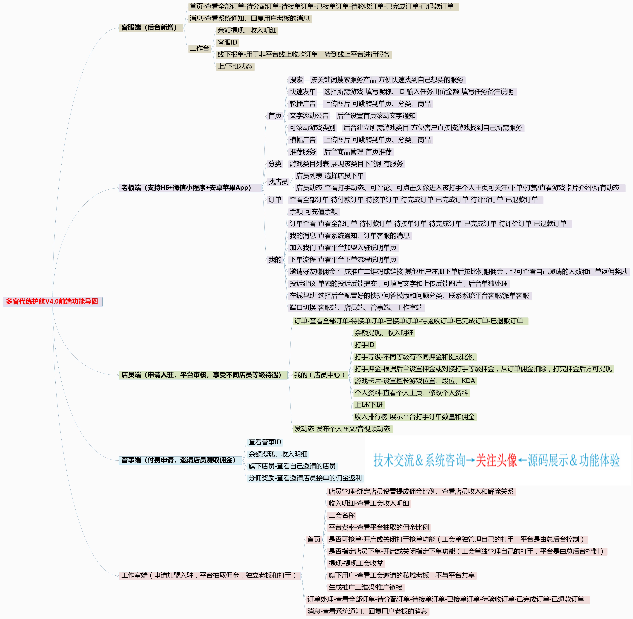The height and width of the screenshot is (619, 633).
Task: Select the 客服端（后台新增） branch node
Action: pos(149,28)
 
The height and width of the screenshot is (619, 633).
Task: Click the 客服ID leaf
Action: pos(227,43)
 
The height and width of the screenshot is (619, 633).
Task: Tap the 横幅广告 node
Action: pos(303,140)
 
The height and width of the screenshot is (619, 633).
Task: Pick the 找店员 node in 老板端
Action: pos(278,182)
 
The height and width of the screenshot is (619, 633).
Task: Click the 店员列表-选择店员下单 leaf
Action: pos(330,176)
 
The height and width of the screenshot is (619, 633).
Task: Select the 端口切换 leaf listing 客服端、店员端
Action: pos(356,308)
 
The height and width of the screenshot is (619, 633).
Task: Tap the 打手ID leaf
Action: pos(364,345)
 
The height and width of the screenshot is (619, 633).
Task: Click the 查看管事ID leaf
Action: pos(265,442)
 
